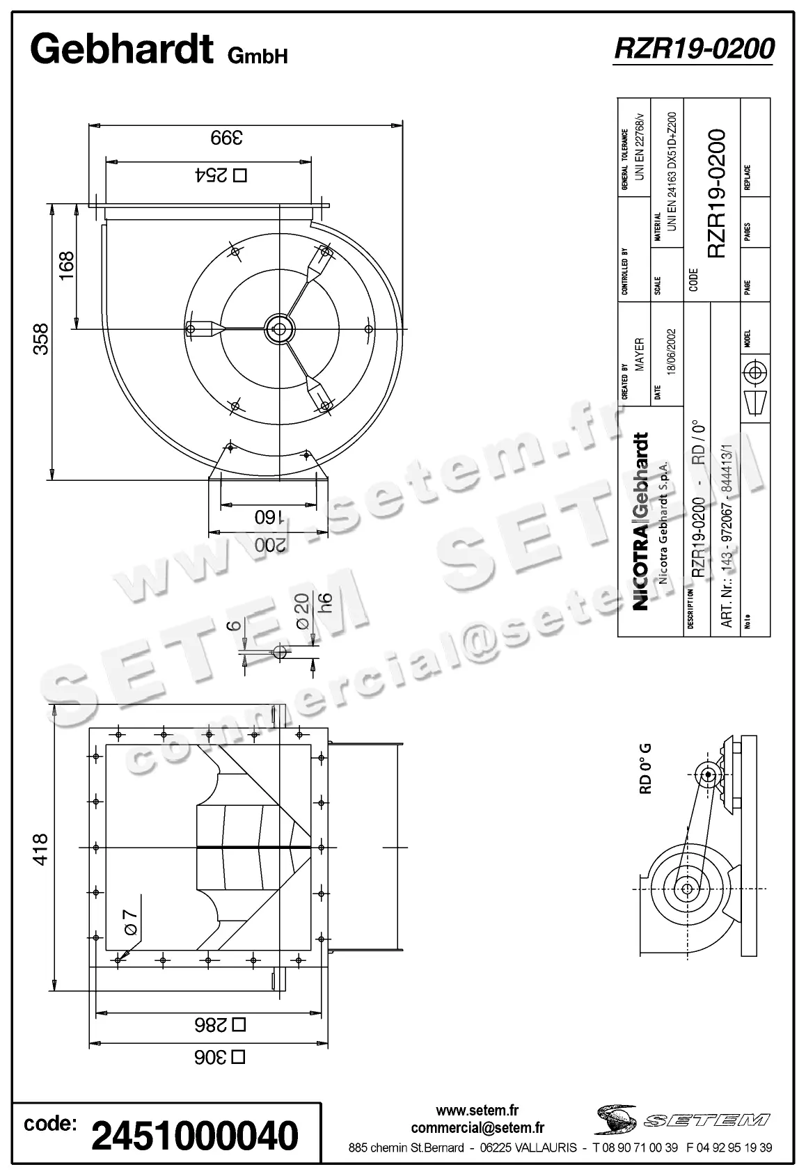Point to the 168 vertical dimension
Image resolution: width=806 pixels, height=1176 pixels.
coord(66,266)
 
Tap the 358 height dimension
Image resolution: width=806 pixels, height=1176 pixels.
coord(42,339)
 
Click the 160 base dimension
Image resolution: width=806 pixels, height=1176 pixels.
coord(268,517)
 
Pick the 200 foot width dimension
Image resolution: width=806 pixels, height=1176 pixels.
coord(270,545)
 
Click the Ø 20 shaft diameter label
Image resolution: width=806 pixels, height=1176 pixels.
coord(302,612)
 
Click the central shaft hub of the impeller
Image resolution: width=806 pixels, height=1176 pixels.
coord(280,328)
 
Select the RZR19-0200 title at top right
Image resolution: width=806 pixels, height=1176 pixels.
coord(694,49)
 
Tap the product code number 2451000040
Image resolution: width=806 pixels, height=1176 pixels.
coord(195,1136)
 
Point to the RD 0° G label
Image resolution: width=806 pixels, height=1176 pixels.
coord(645,768)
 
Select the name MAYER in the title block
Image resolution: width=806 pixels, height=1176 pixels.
coord(639,354)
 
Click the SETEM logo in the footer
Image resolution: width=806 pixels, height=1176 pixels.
coord(682,1120)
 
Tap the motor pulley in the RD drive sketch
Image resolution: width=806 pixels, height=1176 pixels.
coord(709,774)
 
